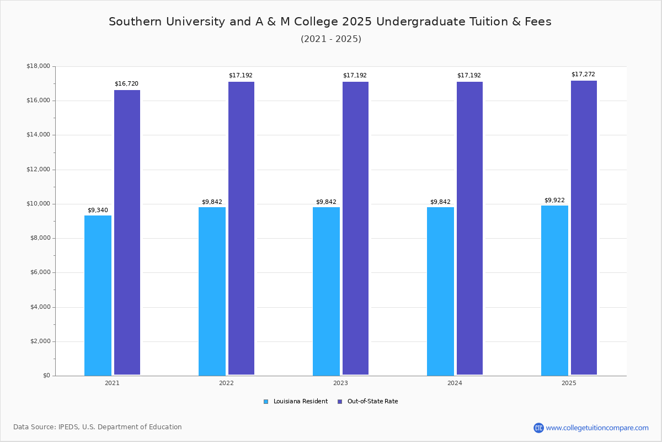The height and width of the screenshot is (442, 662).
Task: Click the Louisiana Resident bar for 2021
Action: point(98,295)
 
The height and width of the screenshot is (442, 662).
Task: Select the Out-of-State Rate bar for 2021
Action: point(127,232)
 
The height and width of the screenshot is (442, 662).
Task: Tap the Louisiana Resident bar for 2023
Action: point(326,291)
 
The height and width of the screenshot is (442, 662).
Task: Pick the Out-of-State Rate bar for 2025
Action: point(584,228)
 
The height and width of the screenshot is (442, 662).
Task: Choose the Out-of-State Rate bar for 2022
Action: point(241,228)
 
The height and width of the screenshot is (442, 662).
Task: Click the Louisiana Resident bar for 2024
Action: point(440,291)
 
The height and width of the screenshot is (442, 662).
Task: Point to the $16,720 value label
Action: point(126,84)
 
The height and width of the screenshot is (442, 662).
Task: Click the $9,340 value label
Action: point(98,210)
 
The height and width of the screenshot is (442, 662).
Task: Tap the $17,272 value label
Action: point(583,75)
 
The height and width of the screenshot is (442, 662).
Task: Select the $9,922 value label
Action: point(554,201)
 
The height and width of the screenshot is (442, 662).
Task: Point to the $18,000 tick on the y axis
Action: point(38,66)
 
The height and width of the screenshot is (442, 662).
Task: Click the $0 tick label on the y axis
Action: point(46,376)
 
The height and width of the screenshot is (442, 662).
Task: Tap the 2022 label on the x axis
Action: point(226,383)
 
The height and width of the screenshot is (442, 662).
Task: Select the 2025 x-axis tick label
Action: point(569,383)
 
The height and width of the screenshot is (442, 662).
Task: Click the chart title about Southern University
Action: point(330,22)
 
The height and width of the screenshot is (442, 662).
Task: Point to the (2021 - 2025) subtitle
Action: point(331,39)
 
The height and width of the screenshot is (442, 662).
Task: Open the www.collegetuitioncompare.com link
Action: point(597,428)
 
